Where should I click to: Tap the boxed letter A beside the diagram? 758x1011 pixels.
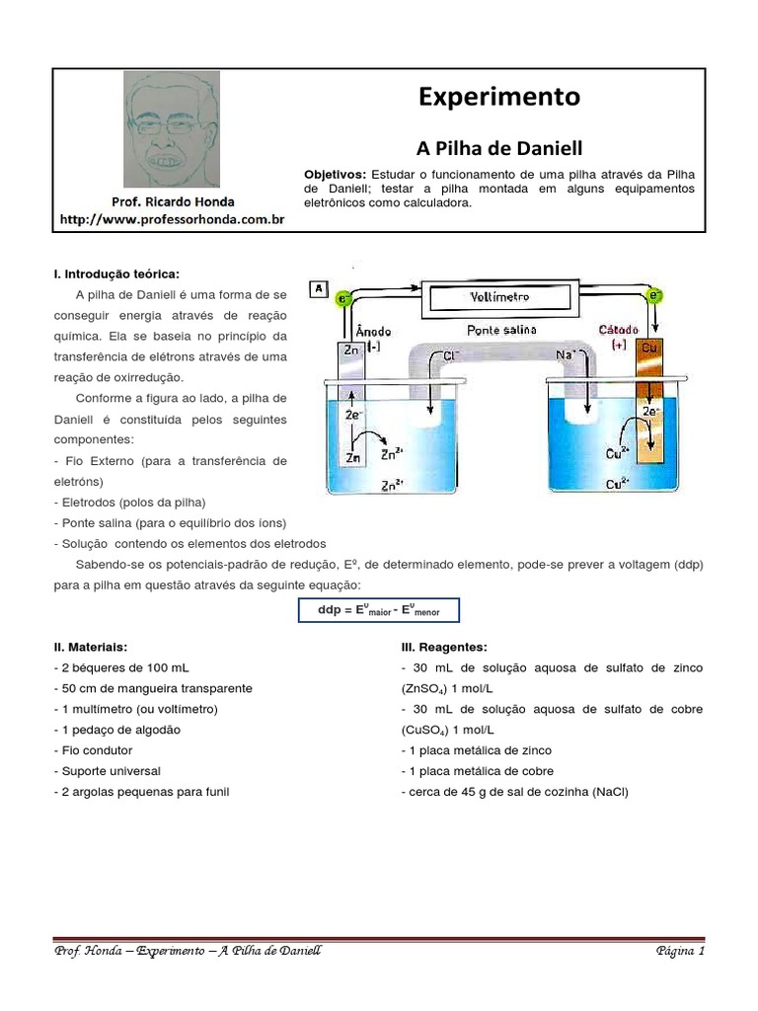318,289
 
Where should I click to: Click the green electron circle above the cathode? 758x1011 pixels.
652,294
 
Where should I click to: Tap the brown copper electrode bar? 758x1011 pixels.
649,415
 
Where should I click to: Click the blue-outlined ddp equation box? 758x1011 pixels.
379,611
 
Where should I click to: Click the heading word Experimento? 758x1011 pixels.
499,97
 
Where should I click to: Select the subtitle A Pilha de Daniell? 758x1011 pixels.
499,148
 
